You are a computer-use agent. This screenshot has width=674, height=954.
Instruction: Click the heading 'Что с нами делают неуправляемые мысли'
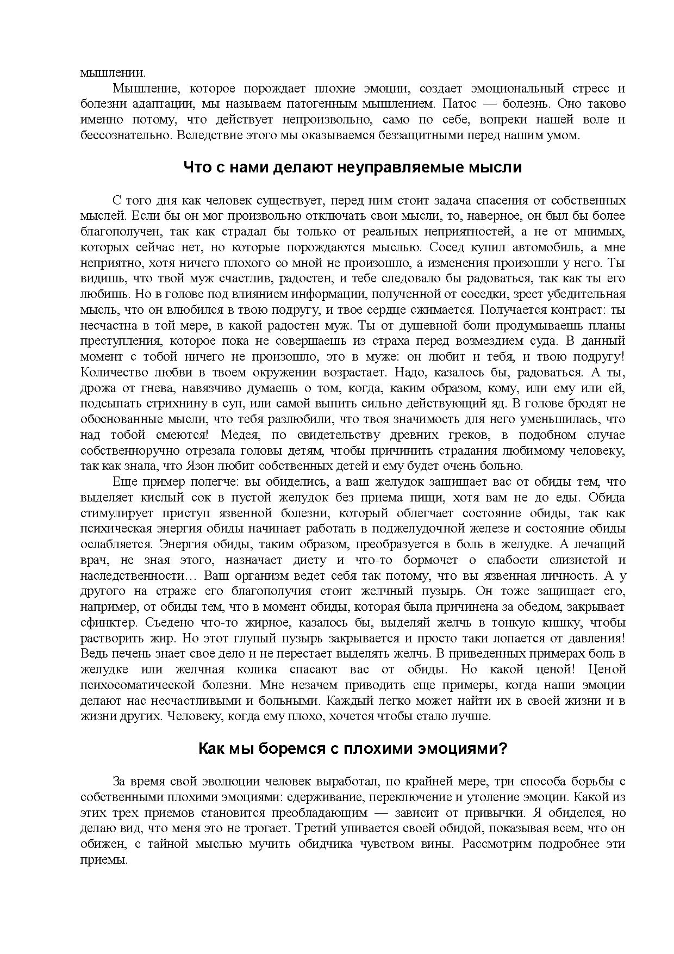352,167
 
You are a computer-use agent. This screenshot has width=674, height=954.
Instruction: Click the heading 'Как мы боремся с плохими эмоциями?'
352,748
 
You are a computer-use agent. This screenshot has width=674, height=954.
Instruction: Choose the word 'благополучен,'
120,232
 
